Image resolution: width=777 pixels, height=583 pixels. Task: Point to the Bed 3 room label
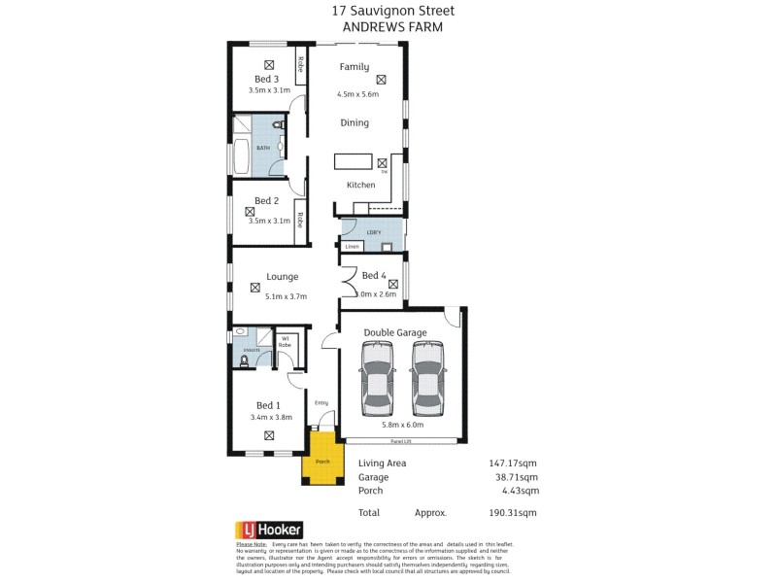coord(267,79)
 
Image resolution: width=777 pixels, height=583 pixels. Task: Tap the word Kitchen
coord(361,185)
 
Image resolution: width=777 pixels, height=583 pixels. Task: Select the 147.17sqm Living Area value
coord(512,463)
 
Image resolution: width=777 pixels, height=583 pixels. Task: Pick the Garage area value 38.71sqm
coord(515,477)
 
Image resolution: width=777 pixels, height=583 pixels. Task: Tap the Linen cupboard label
coord(352,247)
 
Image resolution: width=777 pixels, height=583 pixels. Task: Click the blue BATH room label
coord(263,148)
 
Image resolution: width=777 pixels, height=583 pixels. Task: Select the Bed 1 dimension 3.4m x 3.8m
coord(271,417)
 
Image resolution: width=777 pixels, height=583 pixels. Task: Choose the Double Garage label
coord(395,332)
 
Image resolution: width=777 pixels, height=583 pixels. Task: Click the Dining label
coord(355,123)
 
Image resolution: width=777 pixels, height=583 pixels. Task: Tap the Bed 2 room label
coord(267,200)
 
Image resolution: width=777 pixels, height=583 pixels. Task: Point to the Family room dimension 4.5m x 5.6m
coord(357,94)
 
